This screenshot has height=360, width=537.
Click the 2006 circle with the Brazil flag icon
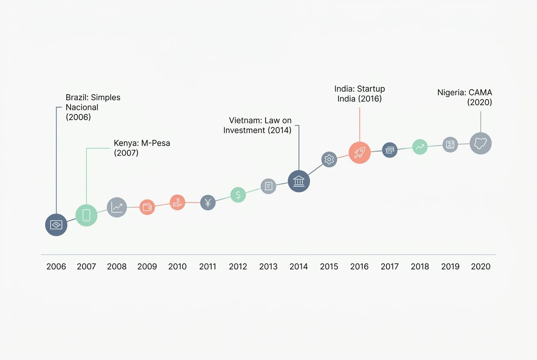pos(56,225)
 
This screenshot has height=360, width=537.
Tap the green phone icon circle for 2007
pos(86,215)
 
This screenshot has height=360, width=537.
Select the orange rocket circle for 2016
pos(359,152)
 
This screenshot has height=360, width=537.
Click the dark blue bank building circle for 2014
pos(299,181)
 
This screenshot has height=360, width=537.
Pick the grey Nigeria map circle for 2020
pos(480,143)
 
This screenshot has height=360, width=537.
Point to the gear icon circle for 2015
pos(329,159)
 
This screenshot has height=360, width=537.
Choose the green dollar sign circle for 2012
pos(238,194)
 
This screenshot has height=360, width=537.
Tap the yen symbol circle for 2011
pos(208,202)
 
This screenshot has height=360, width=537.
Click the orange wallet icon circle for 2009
pos(147,207)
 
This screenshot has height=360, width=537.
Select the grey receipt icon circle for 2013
pos(268,186)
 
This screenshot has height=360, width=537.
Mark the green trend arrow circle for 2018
pos(420,146)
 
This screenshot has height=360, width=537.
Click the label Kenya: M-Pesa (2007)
pos(141,148)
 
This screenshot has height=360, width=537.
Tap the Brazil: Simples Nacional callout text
pos(93,107)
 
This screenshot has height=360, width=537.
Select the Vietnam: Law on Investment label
pos(258,125)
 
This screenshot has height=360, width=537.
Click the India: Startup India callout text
pos(359,93)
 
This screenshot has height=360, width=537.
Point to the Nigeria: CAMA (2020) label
pos(465,97)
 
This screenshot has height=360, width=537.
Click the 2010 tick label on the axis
pos(177,267)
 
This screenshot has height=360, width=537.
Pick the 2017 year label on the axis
pos(390,267)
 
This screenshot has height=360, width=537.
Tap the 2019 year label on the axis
pos(450,267)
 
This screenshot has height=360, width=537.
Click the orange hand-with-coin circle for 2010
pos(178,202)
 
